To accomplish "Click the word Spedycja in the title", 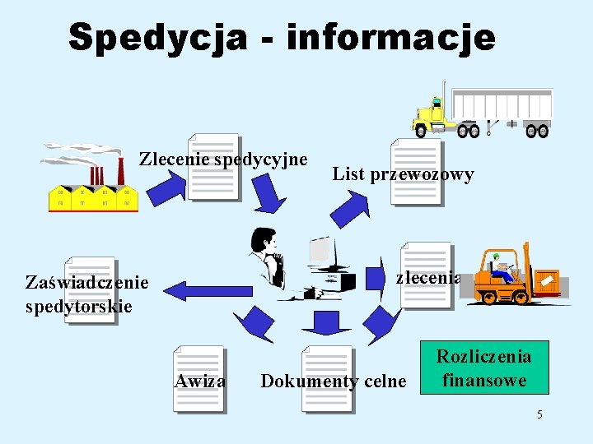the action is coord(157,38).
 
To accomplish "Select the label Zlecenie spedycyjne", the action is coord(223,158).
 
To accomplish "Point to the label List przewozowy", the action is coord(403,173).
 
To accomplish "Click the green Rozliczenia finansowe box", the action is coord(483,368).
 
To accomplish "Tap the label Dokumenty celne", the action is coord(333,382).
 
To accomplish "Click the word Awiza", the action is coord(200,381).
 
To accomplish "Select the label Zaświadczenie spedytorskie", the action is coord(87,294).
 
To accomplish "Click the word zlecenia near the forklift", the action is coord(427,277).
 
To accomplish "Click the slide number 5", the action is coord(539,414).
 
